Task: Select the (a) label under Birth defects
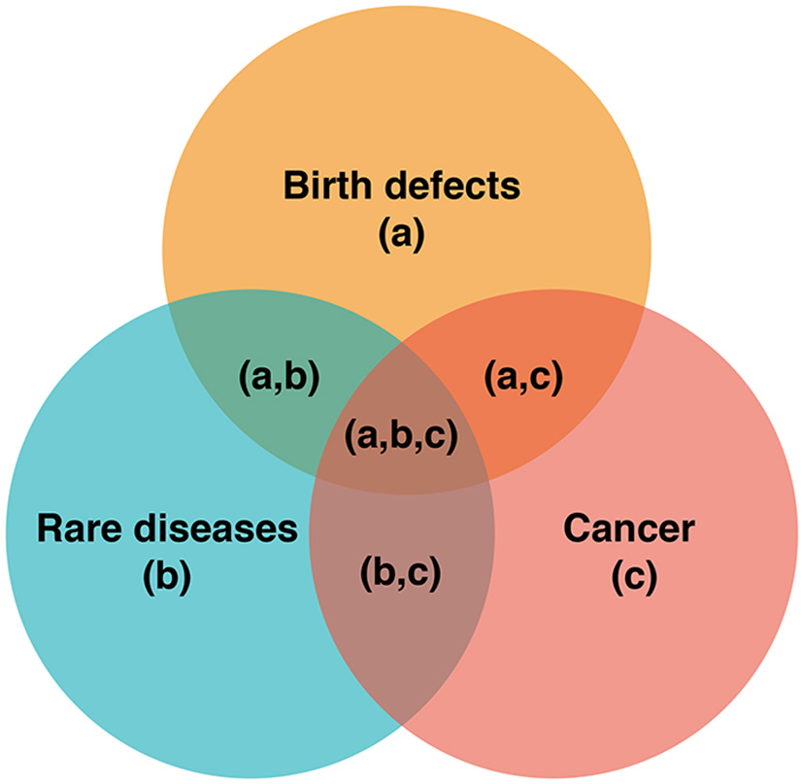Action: (x=402, y=233)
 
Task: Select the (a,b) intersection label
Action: (x=280, y=376)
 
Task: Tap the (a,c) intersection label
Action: (x=522, y=376)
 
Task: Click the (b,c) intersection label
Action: (x=401, y=572)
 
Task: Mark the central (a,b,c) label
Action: (x=400, y=436)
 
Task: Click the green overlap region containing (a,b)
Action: (x=243, y=408)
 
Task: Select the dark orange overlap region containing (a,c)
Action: (x=563, y=408)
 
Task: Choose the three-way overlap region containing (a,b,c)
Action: (x=400, y=466)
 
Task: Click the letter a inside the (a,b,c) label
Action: (x=366, y=437)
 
